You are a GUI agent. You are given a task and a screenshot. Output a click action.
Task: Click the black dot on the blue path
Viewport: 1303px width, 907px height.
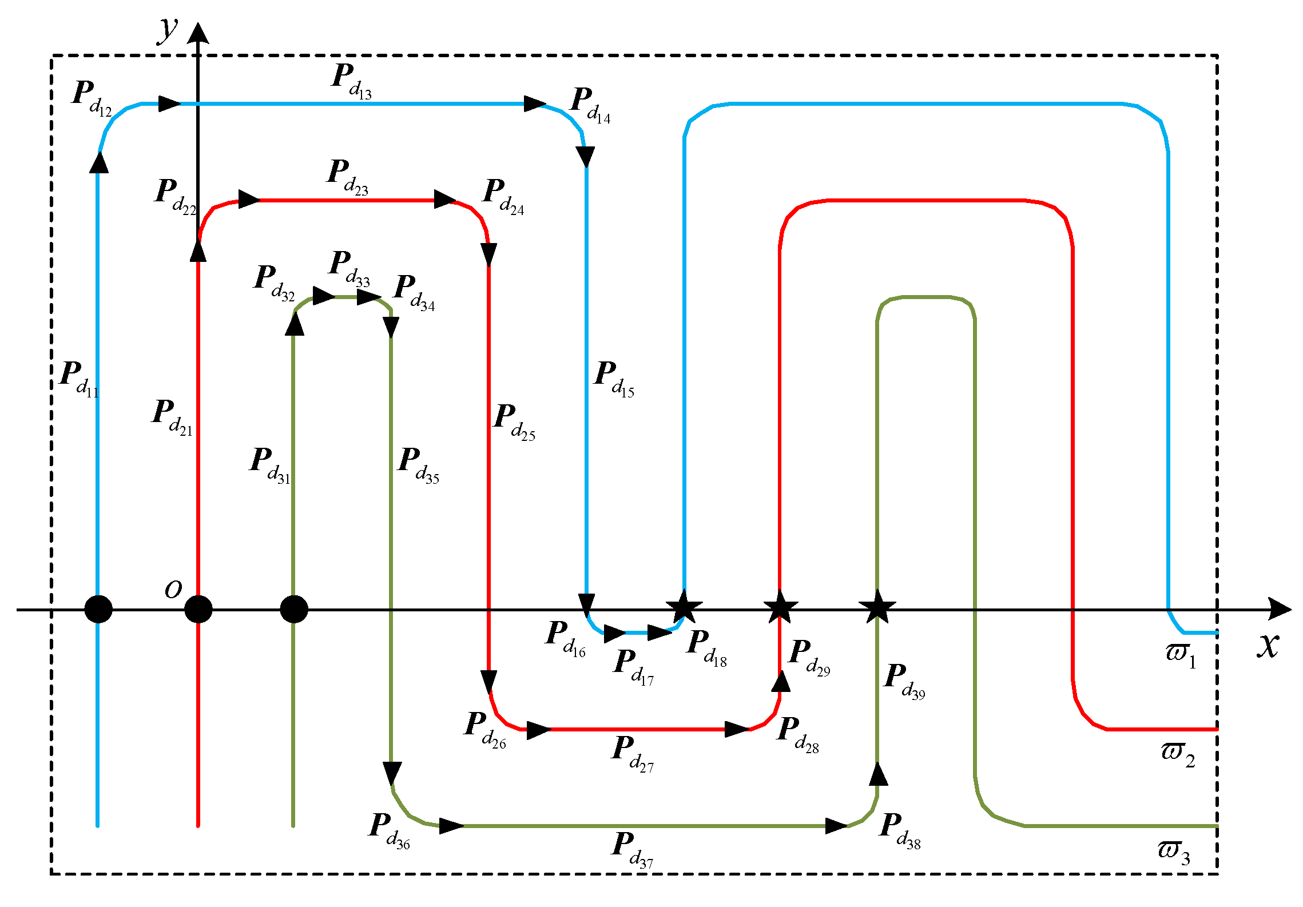(x=98, y=609)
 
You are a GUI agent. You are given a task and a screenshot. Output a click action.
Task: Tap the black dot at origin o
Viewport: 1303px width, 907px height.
(x=198, y=609)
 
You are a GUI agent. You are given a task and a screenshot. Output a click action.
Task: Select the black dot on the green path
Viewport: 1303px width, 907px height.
(x=294, y=609)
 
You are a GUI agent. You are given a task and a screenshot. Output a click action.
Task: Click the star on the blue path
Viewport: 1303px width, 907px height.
(x=684, y=607)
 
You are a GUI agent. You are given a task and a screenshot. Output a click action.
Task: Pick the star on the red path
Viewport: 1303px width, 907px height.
(x=780, y=607)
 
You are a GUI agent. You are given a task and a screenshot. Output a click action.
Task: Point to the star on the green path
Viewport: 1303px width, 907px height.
(x=877, y=607)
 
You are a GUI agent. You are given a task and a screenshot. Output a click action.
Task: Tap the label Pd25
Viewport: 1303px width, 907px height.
(x=514, y=422)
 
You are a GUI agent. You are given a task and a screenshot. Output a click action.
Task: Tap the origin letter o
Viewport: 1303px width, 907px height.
(x=173, y=589)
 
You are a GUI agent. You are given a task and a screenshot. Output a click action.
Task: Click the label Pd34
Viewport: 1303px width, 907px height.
(x=414, y=293)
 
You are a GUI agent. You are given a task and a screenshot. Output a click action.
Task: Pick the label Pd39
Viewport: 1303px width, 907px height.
(x=904, y=681)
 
